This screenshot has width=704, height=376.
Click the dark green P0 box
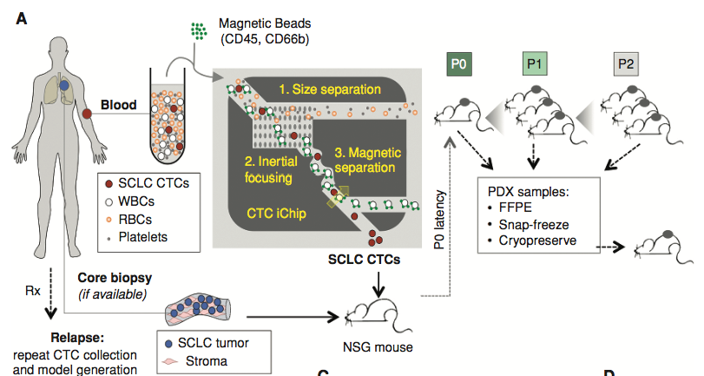(x=460, y=64)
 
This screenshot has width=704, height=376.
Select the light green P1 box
(x=533, y=64)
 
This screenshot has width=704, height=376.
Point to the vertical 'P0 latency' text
(x=440, y=221)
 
